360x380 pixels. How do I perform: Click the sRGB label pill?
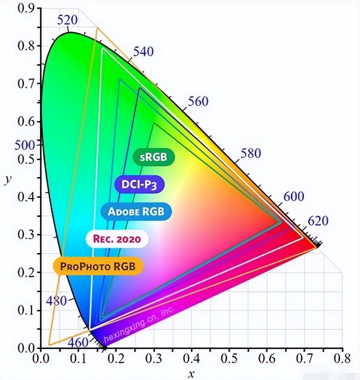click(154, 157)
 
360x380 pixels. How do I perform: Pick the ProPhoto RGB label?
click(98, 266)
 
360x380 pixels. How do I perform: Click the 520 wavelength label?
click(68, 20)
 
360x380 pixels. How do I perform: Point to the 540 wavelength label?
click(143, 51)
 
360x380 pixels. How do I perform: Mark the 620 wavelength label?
click(318, 221)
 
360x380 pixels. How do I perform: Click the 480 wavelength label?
click(56, 301)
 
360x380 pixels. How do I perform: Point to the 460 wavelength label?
click(78, 342)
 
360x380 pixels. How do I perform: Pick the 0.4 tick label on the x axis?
click(192, 358)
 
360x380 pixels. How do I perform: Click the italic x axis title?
click(192, 373)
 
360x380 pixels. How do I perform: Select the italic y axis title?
click(7, 180)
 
